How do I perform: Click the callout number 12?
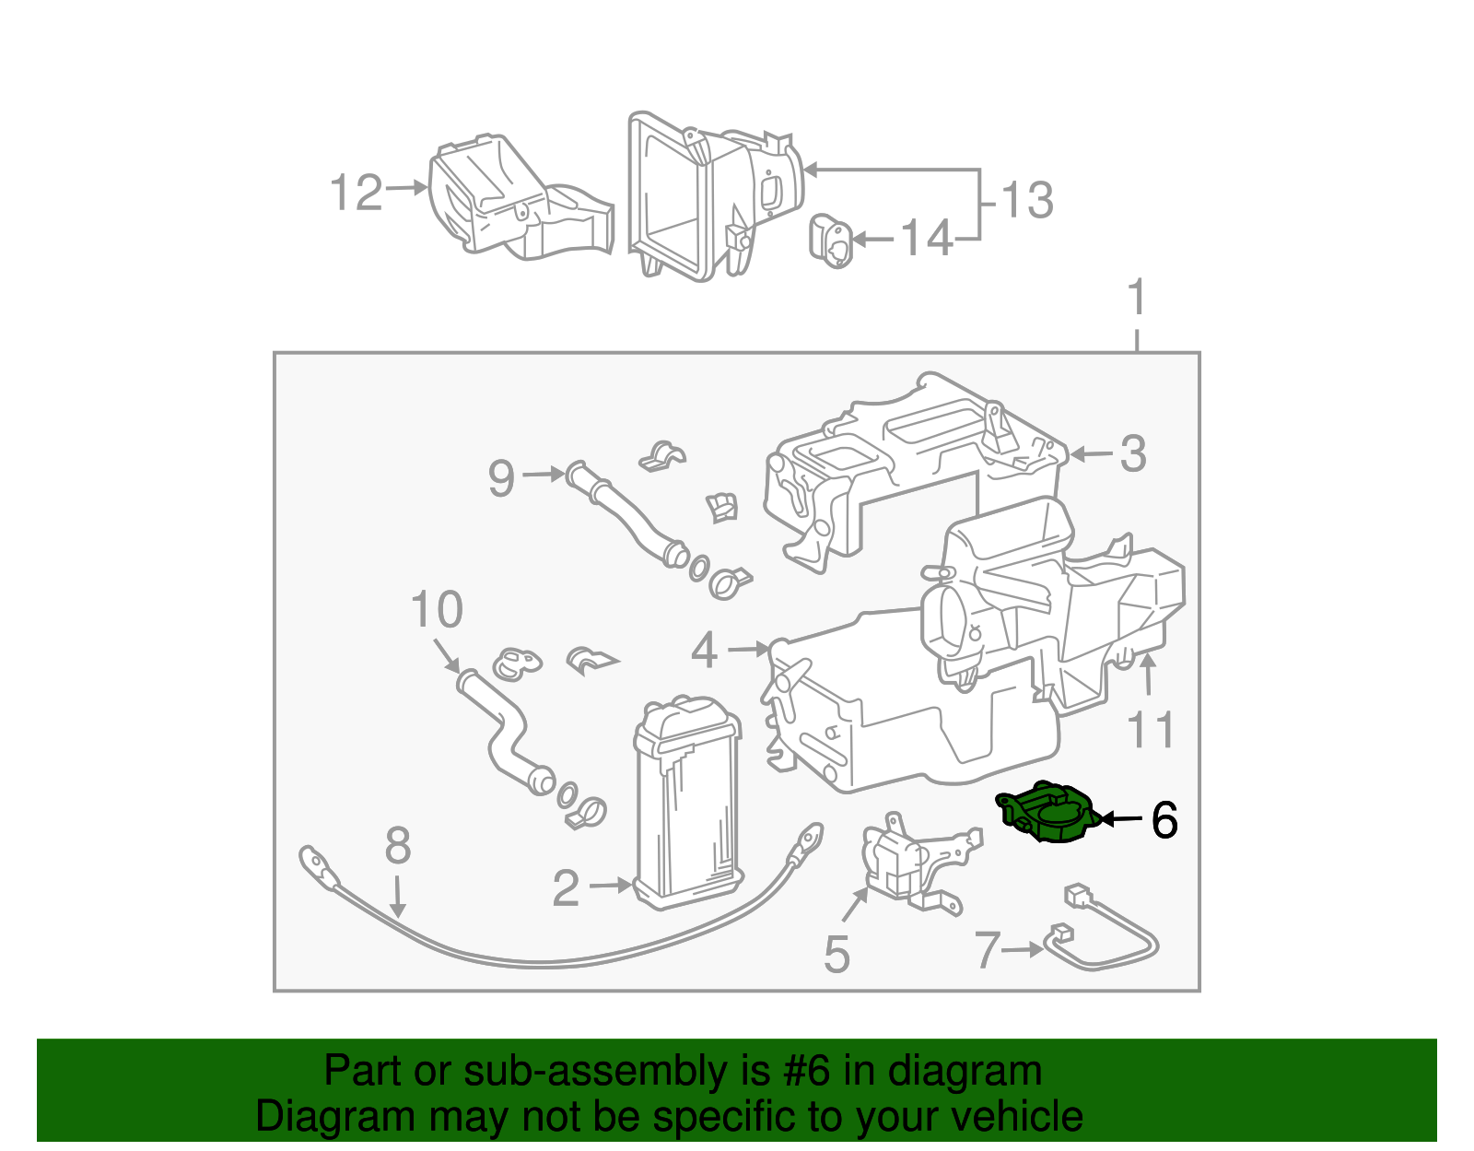point(356,194)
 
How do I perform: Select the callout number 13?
point(1026,200)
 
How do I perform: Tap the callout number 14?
point(926,239)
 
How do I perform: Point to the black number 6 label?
point(1164,820)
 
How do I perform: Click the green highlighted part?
point(1048,813)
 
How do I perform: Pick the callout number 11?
point(1152,731)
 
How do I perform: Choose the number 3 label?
point(1132,454)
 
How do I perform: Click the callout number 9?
point(501,477)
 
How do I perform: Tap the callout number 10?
point(436,610)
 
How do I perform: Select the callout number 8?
point(397,845)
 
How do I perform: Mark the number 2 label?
point(566,887)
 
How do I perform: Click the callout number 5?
point(836,955)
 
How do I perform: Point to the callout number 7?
point(987,950)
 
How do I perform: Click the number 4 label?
point(704,651)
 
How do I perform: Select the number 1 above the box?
point(1137,299)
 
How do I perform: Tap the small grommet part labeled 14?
point(831,241)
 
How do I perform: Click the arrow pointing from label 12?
point(406,188)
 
